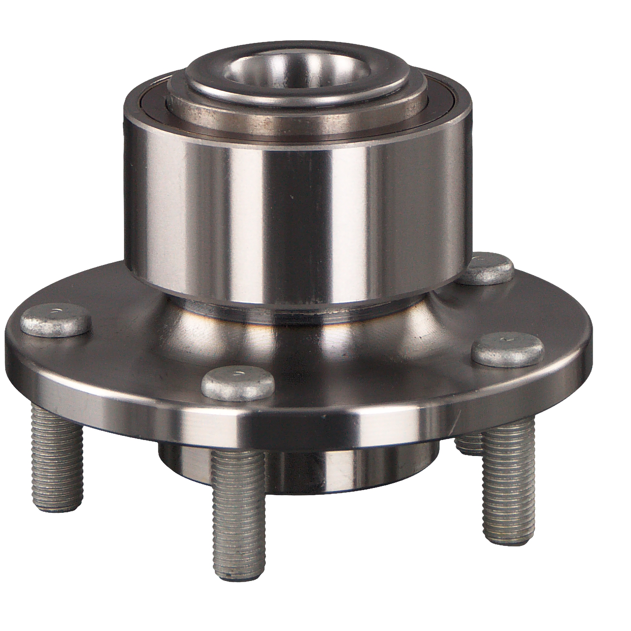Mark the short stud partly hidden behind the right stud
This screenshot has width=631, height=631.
pos(469,444)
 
